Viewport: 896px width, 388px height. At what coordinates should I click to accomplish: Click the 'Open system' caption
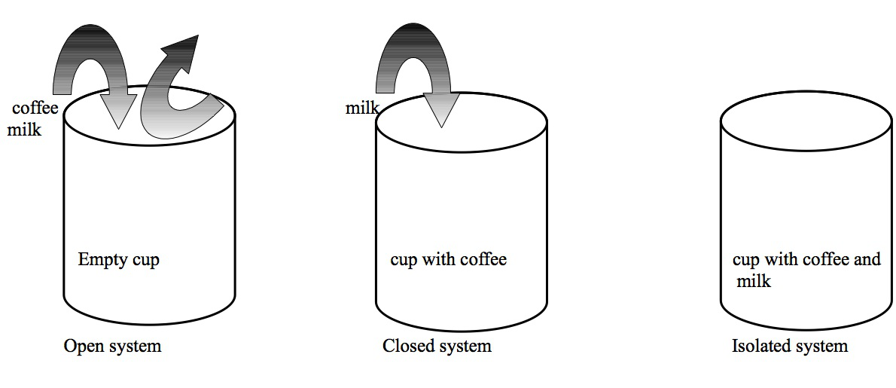[112, 347]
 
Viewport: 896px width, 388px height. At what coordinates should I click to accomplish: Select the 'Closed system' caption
[437, 347]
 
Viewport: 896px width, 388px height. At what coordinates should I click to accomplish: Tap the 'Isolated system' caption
[789, 347]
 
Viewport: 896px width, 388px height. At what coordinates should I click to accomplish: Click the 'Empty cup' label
[118, 261]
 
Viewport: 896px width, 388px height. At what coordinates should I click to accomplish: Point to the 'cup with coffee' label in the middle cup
[448, 261]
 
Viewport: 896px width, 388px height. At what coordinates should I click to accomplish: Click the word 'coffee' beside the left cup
[35, 108]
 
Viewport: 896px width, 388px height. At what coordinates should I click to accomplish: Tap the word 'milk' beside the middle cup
[362, 108]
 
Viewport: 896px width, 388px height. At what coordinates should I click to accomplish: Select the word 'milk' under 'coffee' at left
[24, 130]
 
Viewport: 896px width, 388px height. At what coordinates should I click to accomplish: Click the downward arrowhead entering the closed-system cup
[441, 112]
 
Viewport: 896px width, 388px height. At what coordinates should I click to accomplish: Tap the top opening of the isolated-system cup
[806, 121]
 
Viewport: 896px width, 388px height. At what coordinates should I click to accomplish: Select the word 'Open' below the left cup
[81, 347]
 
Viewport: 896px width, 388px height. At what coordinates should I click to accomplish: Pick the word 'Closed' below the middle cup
[405, 347]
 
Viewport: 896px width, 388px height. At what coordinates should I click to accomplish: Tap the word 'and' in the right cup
[866, 260]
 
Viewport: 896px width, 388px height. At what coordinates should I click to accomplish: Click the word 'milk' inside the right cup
[754, 282]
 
